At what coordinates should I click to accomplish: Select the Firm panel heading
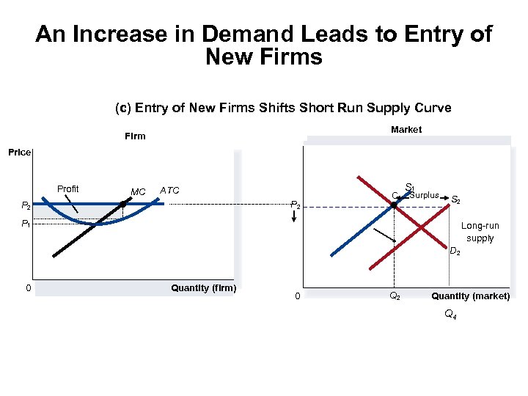tap(135, 136)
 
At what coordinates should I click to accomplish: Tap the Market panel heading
tap(406, 129)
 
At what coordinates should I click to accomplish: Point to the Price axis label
tap(20, 153)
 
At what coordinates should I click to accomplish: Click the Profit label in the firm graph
tap(68, 188)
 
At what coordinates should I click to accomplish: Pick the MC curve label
tap(138, 192)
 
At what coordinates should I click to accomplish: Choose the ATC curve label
tap(169, 191)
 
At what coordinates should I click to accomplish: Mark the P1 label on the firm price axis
tap(26, 224)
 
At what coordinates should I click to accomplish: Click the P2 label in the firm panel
tap(26, 206)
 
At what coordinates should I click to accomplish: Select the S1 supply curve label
tap(409, 187)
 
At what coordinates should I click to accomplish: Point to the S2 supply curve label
tap(455, 199)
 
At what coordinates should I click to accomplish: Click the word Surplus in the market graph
tap(425, 195)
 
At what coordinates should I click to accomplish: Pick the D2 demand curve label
tap(455, 252)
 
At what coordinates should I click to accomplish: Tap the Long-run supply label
tap(480, 232)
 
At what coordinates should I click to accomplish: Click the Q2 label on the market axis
tap(395, 296)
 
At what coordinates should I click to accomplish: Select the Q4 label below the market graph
tap(450, 315)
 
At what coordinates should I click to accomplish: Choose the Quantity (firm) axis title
tap(203, 287)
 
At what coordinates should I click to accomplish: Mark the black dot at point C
tap(394, 206)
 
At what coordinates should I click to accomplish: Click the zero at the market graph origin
tap(297, 296)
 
